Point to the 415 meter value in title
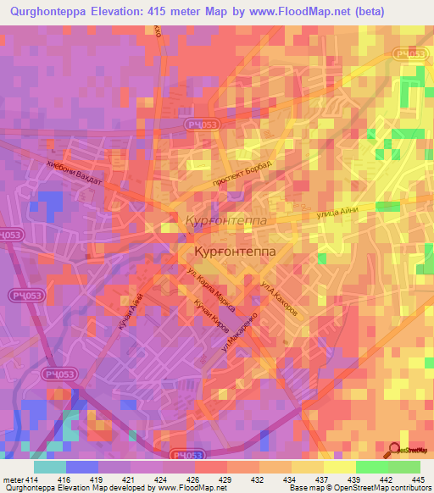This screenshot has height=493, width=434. (x=170, y=12)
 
